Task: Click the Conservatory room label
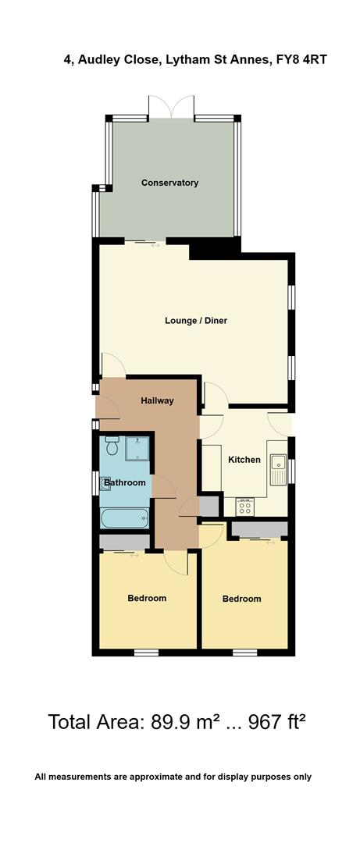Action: tap(169, 183)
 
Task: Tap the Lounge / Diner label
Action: tap(196, 320)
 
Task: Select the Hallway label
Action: tap(157, 400)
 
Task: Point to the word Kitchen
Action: tap(244, 460)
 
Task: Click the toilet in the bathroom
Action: tap(111, 447)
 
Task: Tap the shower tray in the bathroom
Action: tap(137, 448)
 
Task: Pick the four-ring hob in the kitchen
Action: tap(244, 507)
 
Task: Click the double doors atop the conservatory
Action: tap(171, 107)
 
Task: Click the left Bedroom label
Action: tap(147, 598)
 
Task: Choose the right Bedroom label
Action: tap(242, 599)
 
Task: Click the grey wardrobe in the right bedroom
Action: tap(259, 529)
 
